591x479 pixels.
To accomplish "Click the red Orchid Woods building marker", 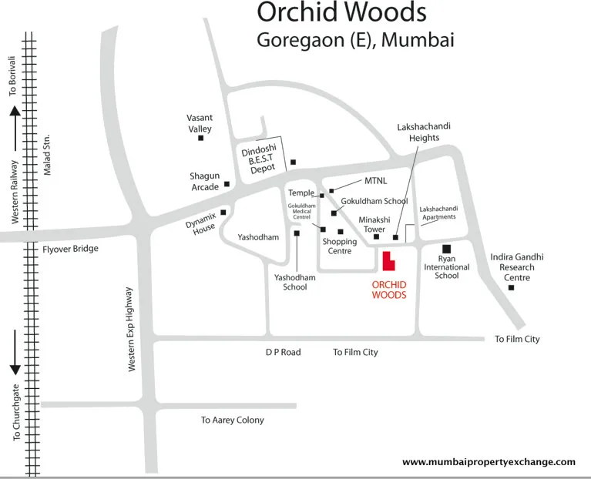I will [389, 262].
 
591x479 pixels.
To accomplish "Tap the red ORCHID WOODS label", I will [389, 289].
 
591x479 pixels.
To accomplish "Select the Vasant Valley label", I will [200, 123].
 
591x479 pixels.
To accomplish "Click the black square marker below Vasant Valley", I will [201, 139].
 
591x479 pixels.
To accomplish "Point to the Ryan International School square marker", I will [445, 249].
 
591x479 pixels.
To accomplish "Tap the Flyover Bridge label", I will [71, 249].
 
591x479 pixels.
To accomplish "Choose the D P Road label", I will [283, 352].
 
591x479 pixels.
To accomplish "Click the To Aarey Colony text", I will [232, 420].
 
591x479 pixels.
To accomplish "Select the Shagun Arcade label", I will [205, 181].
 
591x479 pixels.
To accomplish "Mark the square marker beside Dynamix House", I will [223, 213].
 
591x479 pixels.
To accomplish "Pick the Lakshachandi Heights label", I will [418, 132].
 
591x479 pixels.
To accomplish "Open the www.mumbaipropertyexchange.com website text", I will [489, 462].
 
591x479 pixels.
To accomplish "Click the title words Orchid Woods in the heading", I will [341, 14].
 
